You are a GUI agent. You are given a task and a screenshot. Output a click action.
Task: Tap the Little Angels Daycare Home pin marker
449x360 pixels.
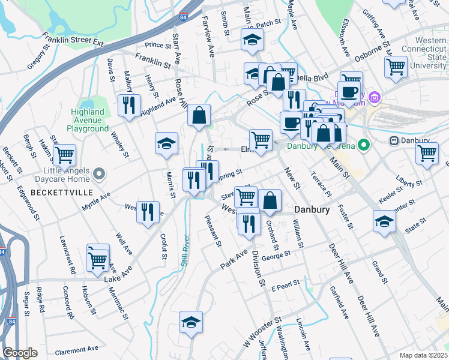click(100, 175)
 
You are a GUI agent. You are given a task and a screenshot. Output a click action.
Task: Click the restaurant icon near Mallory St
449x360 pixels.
click(130, 106)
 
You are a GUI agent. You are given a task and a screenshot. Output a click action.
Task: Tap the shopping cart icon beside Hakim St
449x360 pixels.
click(65, 155)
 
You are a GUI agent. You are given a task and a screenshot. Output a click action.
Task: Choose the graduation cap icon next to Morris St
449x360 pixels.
click(166, 144)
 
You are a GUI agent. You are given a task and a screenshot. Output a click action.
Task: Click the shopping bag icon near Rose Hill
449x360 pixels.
click(199, 115)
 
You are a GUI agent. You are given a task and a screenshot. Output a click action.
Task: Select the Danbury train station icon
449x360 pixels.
click(394, 141)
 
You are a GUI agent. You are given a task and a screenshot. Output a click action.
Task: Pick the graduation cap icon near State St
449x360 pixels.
click(384, 221)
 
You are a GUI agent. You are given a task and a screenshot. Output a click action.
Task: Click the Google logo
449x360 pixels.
click(20, 353)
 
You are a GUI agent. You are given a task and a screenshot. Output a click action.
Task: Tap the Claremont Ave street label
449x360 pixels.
click(76, 349)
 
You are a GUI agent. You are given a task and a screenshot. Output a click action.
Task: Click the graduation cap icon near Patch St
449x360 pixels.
click(252, 40)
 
